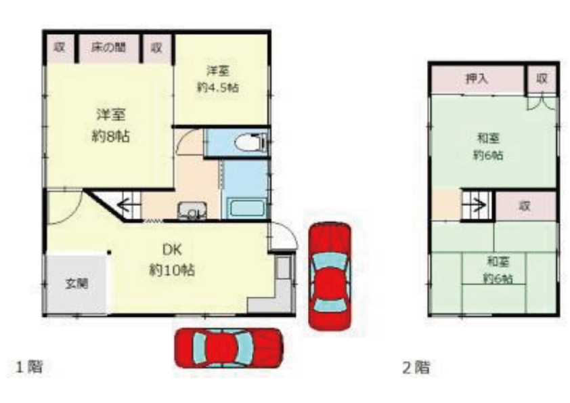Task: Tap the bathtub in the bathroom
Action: [x=247, y=209]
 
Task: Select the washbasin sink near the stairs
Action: [x=192, y=211]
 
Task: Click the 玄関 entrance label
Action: [x=77, y=282]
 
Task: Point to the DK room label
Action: [x=172, y=250]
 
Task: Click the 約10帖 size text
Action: [x=172, y=270]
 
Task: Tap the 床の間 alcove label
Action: [x=108, y=47]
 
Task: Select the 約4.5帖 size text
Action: [x=218, y=87]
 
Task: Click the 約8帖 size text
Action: [x=110, y=136]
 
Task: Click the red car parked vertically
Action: [x=330, y=276]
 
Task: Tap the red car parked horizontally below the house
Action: [x=229, y=348]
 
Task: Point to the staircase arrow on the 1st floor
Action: [x=125, y=205]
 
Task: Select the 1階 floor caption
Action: [x=29, y=366]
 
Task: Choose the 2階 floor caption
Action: [x=416, y=367]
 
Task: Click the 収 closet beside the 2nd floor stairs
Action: [x=525, y=206]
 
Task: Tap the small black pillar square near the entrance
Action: [x=109, y=252]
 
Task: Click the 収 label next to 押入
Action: [x=542, y=78]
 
